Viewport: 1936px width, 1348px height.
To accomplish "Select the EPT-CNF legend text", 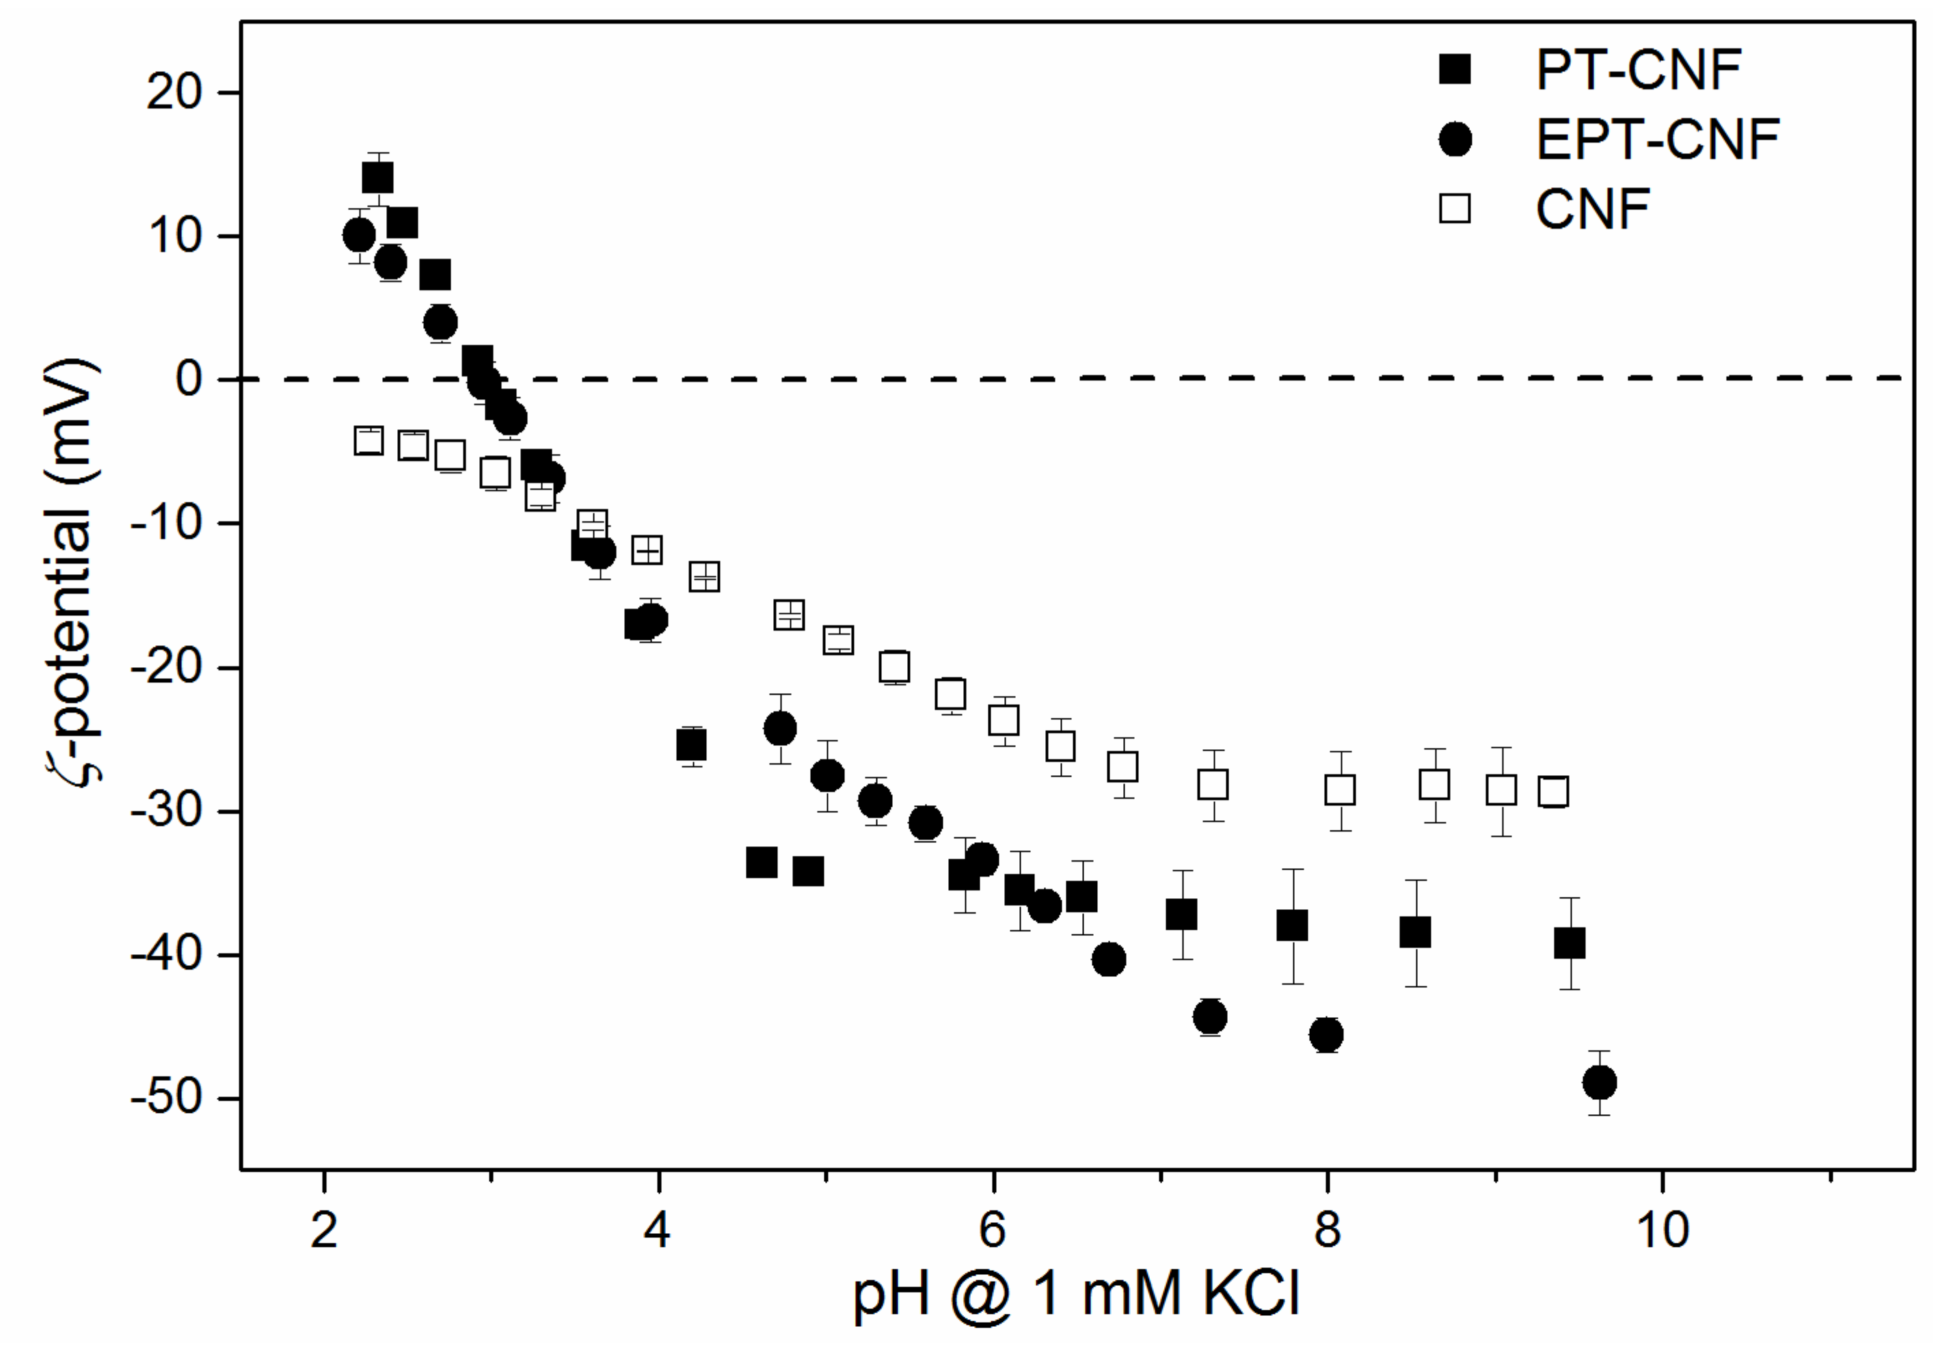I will click(1658, 139).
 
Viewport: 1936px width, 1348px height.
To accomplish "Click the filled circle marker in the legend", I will click(1455, 139).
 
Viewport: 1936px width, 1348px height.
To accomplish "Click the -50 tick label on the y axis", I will click(166, 1098).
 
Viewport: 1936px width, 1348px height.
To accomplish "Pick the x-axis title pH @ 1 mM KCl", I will click(1076, 1293).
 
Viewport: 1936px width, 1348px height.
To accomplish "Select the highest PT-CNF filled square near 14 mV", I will click(377, 178).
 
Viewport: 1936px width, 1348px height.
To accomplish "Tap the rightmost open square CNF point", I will click(1553, 792).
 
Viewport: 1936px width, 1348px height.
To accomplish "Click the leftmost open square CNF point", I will click(368, 440).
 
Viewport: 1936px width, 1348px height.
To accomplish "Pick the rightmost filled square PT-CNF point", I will click(1569, 943).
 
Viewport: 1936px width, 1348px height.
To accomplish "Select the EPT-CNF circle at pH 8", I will click(1326, 1034).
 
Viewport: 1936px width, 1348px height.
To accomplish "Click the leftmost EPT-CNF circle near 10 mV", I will click(359, 235).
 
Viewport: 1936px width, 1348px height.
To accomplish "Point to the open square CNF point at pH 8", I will click(1340, 790).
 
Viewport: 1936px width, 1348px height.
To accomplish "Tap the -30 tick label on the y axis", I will click(166, 811).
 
